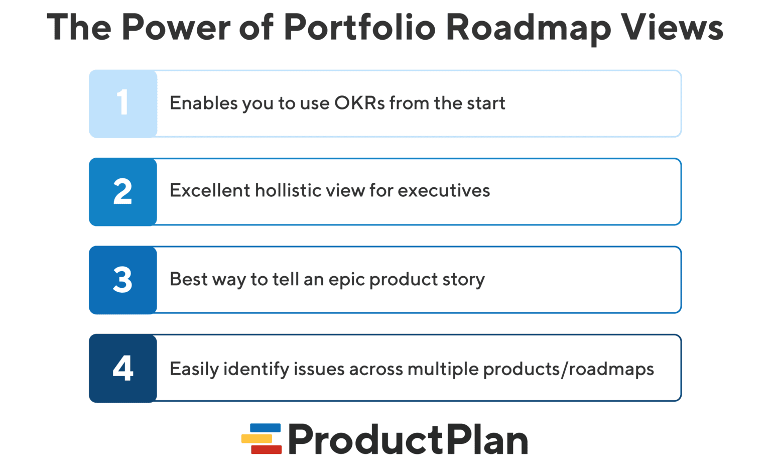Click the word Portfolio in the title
pyautogui.click(x=359, y=27)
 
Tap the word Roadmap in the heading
pyautogui.click(x=528, y=27)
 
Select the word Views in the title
pyautogui.click(x=672, y=27)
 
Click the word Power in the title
pyautogui.click(x=176, y=27)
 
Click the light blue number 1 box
pyautogui.click(x=123, y=103)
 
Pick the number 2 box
pyautogui.click(x=123, y=192)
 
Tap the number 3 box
pyautogui.click(x=123, y=280)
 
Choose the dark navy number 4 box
pyautogui.click(x=123, y=368)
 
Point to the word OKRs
pyautogui.click(x=359, y=103)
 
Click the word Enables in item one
pyautogui.click(x=203, y=103)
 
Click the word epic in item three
pyautogui.click(x=346, y=280)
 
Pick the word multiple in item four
pyautogui.click(x=443, y=369)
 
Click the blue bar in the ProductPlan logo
pyautogui.click(x=265, y=428)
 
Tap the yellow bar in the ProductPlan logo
pyautogui.click(x=256, y=438)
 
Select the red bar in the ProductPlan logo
pyautogui.click(x=266, y=449)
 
